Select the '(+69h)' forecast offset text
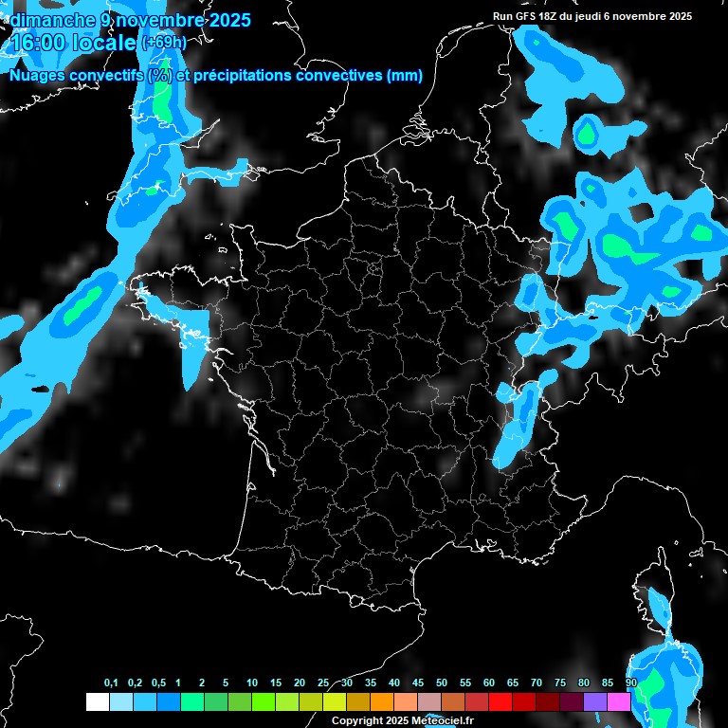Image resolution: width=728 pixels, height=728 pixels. pos(163,43)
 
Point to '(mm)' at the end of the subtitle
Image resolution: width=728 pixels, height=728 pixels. pos(405,76)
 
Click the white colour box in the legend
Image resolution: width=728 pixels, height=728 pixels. pos(98,702)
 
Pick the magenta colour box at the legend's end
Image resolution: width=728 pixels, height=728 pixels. pos(619,702)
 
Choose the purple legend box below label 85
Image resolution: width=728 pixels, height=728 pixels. pos(595,702)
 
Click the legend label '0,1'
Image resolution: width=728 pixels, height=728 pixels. pos(111,683)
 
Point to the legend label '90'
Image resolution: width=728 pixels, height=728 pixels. pos(631,683)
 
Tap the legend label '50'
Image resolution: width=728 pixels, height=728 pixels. pos(442,683)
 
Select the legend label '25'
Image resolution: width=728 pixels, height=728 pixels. pos(323,683)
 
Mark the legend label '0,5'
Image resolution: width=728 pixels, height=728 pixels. pos(159,683)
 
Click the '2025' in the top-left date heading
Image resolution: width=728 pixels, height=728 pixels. pos(224,20)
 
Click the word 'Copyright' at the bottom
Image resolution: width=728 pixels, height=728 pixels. pos(357,721)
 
